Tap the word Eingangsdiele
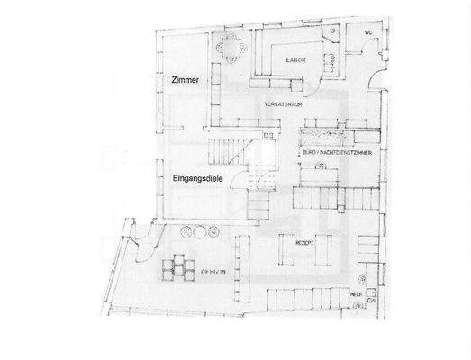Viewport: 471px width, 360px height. tap(197, 180)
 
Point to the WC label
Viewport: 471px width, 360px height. tap(368, 35)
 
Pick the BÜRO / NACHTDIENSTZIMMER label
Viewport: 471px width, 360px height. tap(339, 155)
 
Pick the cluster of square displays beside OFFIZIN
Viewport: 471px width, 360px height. tap(178, 267)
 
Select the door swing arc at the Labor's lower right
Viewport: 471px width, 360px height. tap(326, 67)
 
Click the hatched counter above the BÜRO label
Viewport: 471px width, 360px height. tap(337, 139)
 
